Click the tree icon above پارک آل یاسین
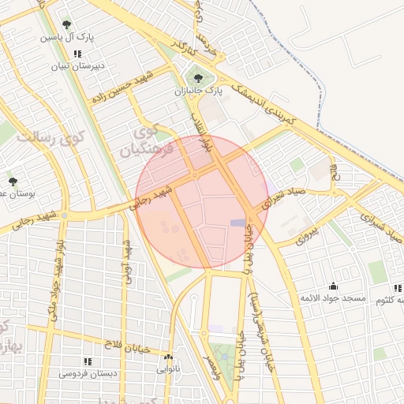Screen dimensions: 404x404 pos(65,25)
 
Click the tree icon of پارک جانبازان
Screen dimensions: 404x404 pos(197,78)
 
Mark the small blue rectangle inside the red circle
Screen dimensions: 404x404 pos(238,223)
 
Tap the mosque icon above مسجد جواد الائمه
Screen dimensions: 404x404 pos(333,286)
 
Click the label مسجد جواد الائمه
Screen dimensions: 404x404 pos(332,298)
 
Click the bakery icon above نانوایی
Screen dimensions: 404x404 pos(168,357)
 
